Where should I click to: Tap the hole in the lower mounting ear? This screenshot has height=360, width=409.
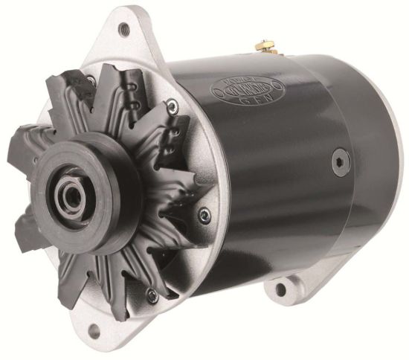click(283, 286)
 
